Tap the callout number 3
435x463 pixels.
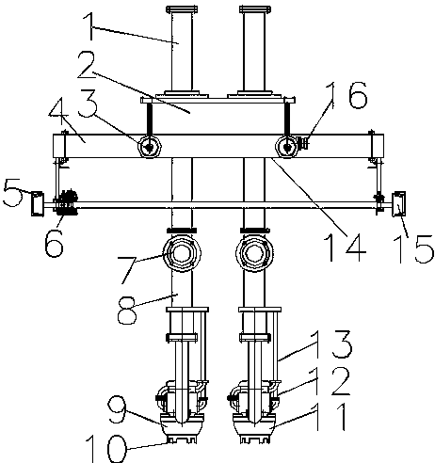(89, 103)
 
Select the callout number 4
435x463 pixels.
(58, 112)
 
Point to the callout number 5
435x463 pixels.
(12, 192)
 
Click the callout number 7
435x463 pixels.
(127, 270)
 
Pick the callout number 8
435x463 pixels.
(127, 311)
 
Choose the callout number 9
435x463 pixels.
(117, 410)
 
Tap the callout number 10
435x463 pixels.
(106, 449)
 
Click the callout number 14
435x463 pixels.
(345, 247)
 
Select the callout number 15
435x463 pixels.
(413, 249)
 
